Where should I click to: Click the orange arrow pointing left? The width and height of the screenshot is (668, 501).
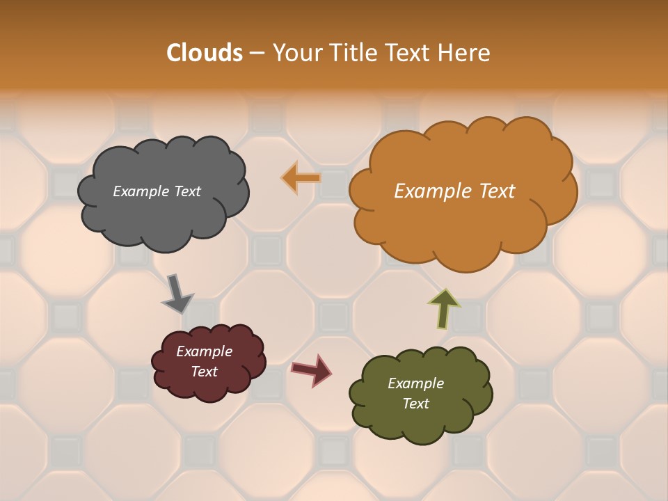(301, 178)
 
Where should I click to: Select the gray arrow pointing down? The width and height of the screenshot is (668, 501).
(177, 293)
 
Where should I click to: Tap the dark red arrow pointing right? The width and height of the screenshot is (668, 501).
(312, 369)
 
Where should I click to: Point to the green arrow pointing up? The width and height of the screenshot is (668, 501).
(445, 308)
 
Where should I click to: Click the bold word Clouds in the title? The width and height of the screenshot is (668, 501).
(204, 53)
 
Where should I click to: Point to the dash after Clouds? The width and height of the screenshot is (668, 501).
(257, 53)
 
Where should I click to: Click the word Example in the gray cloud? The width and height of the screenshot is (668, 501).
(139, 191)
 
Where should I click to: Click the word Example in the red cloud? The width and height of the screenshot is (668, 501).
(204, 351)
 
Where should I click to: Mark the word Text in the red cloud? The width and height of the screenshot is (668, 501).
(204, 372)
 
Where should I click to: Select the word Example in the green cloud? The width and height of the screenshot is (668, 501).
(415, 383)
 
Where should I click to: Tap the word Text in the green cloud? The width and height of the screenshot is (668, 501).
(415, 404)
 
